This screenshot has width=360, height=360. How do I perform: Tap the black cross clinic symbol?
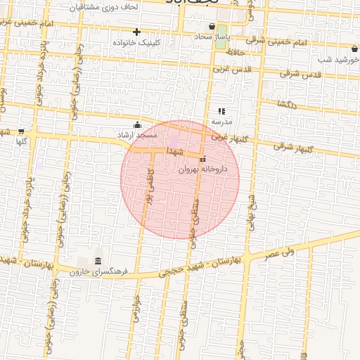(x=136, y=32)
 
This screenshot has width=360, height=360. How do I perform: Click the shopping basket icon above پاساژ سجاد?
(x=212, y=27)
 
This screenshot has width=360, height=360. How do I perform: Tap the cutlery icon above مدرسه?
(x=221, y=110)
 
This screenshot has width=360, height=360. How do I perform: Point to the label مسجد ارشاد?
(x=138, y=134)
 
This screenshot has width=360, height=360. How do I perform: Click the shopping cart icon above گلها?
(x=21, y=131)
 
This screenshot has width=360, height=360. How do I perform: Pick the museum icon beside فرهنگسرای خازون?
(x=97, y=261)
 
